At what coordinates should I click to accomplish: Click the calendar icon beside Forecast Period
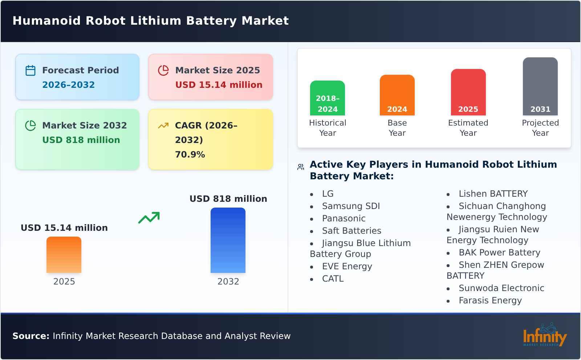[x=31, y=70]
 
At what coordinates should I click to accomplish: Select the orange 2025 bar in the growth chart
[x=64, y=255]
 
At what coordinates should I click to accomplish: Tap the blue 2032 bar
[x=228, y=240]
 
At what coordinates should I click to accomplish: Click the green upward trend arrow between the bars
[x=149, y=218]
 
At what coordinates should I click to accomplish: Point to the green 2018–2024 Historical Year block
[x=328, y=98]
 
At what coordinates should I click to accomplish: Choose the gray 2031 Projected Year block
[x=540, y=86]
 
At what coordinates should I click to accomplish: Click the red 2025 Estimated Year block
[x=468, y=92]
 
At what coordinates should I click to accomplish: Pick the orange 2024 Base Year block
[x=397, y=95]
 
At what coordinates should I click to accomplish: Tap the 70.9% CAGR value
[x=190, y=155]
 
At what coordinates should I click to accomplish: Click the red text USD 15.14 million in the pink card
[x=219, y=85]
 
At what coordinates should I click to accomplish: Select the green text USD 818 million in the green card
[x=81, y=140]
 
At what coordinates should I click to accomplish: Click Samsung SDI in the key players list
[x=351, y=206]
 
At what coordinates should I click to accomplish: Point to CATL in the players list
[x=333, y=279]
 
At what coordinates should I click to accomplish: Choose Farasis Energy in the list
[x=490, y=300]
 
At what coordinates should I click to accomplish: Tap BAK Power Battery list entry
[x=499, y=253]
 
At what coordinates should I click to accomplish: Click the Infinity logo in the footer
[x=544, y=335]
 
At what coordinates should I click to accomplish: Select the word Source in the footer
[x=31, y=336]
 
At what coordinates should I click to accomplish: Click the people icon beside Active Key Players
[x=301, y=167]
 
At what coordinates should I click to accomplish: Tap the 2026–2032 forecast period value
[x=68, y=85]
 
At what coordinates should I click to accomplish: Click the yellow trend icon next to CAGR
[x=163, y=126]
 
